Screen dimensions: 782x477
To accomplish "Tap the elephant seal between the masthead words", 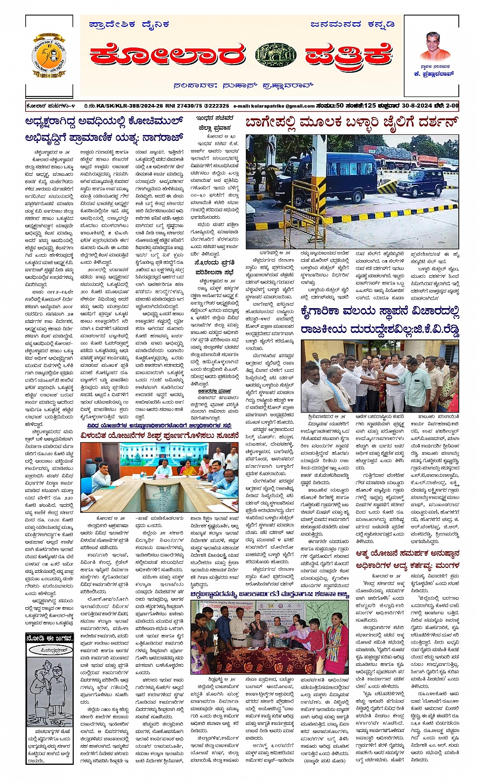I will (276, 55).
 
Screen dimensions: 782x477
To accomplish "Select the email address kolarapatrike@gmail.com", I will (274, 106).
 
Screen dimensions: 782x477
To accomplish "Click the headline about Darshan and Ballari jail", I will (352, 123).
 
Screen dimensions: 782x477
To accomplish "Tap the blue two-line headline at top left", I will (103, 129).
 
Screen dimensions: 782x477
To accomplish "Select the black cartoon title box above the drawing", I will (50, 639).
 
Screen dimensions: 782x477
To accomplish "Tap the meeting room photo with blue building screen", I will (160, 477).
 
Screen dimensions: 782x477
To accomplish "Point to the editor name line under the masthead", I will (243, 85).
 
